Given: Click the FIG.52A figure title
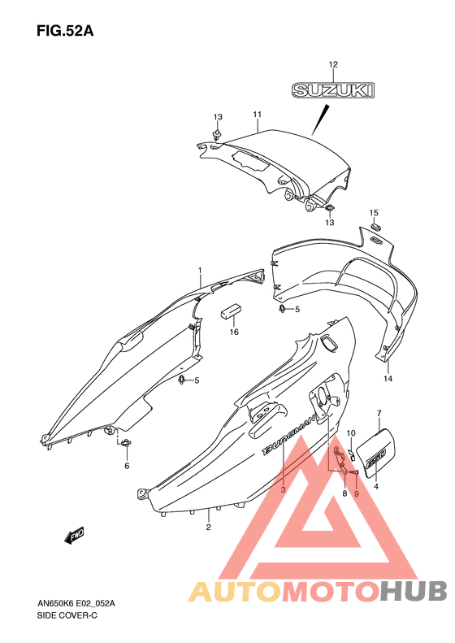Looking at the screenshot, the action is (65, 31).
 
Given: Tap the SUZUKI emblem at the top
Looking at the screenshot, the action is (333, 90).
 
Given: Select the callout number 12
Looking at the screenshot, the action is (333, 64).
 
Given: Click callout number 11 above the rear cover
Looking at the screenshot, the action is (257, 115).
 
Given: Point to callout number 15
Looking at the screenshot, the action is (374, 212).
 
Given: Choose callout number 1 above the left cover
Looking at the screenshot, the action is (200, 270).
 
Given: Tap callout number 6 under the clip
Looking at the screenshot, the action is (127, 466).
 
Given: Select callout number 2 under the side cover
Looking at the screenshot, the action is (209, 527).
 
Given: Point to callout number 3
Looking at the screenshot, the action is (283, 489).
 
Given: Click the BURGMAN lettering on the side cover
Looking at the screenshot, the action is (289, 435).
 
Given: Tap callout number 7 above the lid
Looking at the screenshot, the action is (379, 413).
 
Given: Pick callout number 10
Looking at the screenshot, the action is (351, 433).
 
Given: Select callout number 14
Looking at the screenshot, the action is (388, 379).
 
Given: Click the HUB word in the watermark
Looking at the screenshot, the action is (414, 591).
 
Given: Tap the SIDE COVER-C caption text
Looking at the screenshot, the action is (67, 615).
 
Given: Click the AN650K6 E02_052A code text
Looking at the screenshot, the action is (76, 603).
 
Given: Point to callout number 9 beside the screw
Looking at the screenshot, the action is (356, 493).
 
